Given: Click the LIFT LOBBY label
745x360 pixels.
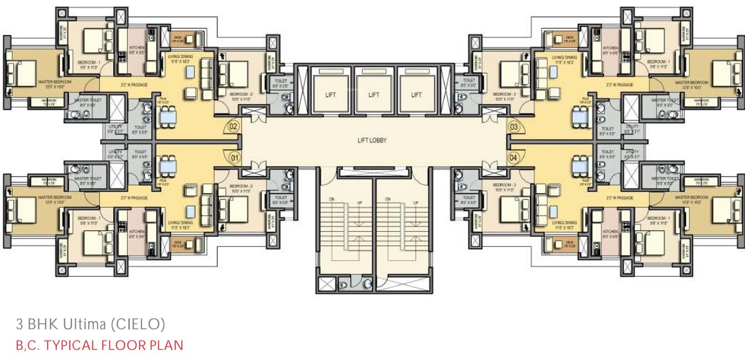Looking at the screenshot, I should (x=372, y=140).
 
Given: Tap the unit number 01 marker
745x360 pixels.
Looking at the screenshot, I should (x=234, y=159).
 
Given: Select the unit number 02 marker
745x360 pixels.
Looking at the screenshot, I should (x=234, y=127).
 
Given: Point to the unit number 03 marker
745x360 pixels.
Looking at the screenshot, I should (x=514, y=127).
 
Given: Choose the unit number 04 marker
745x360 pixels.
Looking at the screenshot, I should (x=514, y=159).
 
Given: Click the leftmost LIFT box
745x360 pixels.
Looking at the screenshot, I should (x=331, y=95).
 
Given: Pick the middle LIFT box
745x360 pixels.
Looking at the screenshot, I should (x=374, y=95).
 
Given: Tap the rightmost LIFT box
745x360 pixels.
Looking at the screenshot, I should (x=416, y=95).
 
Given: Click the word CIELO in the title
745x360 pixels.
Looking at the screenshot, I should (x=145, y=324).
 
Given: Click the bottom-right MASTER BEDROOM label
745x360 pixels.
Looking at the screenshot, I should (x=691, y=198).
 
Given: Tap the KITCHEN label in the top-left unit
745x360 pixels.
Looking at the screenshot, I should (x=137, y=48).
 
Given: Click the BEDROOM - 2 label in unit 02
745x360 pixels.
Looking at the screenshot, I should (x=241, y=95).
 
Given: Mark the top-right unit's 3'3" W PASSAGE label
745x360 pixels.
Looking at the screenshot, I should (x=620, y=85).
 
